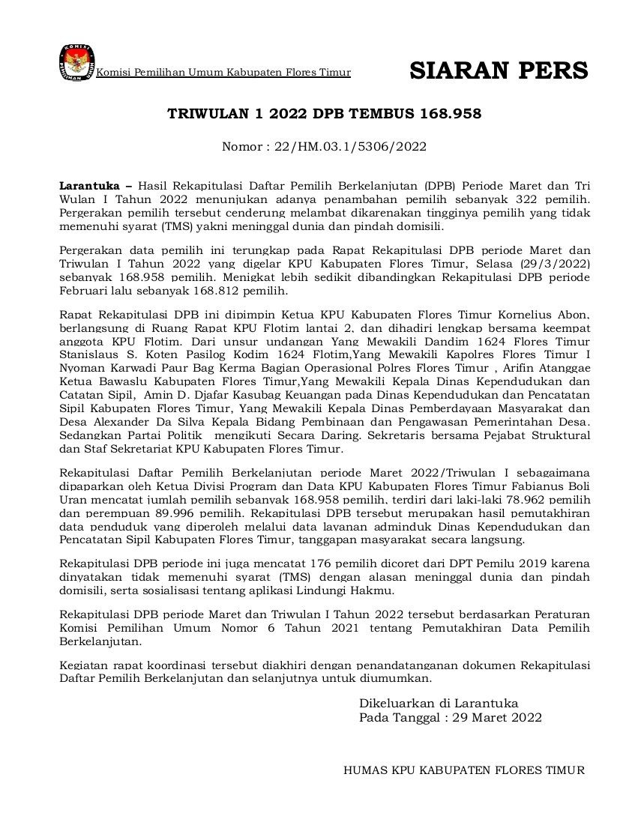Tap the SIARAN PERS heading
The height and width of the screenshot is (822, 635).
[499, 70]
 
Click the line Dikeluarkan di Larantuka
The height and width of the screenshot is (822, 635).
[439, 704]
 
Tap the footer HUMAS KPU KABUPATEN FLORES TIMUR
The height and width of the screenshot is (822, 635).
[463, 770]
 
